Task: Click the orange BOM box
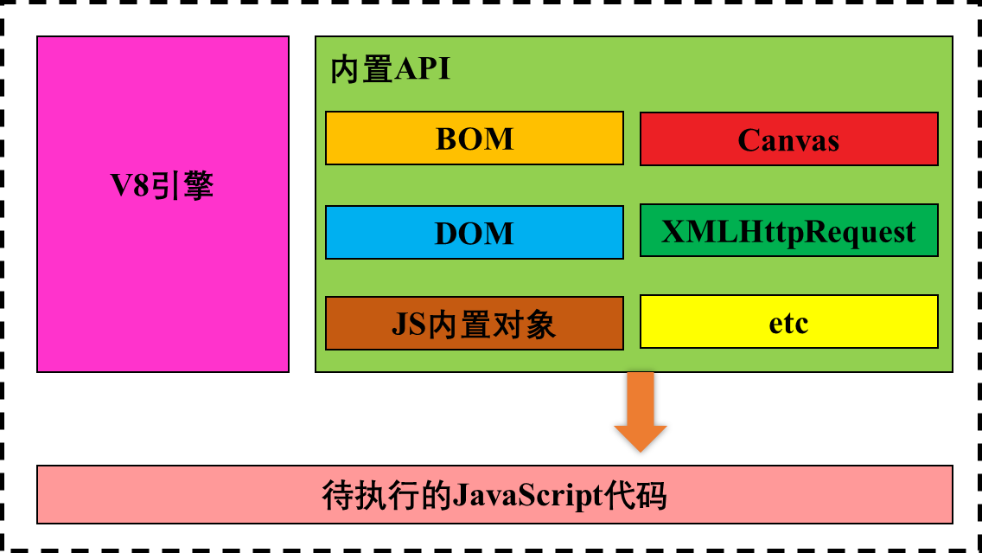pos(474,138)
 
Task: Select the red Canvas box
pos(788,139)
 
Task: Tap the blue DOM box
pos(474,233)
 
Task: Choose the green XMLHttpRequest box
pos(788,231)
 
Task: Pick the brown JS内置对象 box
pos(474,324)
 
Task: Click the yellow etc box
pos(788,322)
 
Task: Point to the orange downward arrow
pos(641,411)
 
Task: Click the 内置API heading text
pos(390,69)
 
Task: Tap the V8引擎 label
pos(163,186)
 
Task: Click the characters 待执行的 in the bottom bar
pos(386,496)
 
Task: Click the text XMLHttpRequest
pos(788,231)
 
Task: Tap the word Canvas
pos(788,140)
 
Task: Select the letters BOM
pos(475,138)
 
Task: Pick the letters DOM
pos(475,234)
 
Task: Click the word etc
pos(788,323)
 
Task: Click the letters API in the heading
pos(423,69)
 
